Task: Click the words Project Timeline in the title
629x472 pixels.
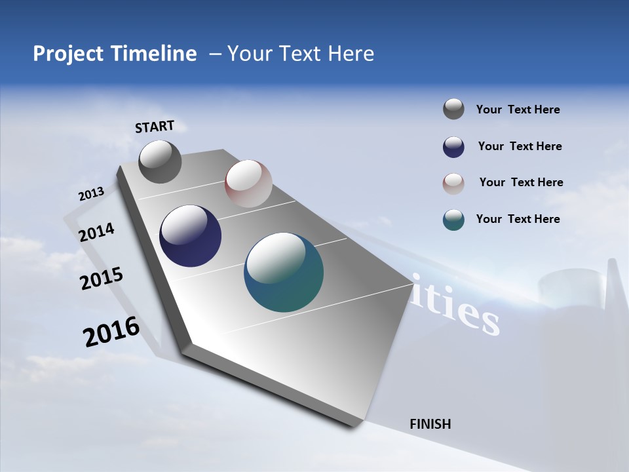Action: [115, 54]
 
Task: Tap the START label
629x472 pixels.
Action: [155, 127]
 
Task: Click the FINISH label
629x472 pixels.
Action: [430, 424]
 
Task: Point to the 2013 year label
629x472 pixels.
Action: [91, 194]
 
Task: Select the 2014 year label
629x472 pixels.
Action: [97, 232]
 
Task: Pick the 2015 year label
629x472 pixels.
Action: [102, 279]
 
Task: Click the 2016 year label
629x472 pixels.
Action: [111, 332]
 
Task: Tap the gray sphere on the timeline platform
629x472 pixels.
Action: [160, 161]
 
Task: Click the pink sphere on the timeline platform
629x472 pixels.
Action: [248, 184]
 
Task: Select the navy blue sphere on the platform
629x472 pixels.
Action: [191, 236]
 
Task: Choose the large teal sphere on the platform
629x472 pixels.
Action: [284, 272]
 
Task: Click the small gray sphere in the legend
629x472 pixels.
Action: [453, 109]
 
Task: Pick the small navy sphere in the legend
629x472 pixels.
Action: [453, 147]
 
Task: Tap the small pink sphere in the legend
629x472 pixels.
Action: [453, 184]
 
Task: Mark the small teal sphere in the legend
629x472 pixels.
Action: [453, 220]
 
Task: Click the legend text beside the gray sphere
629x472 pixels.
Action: [518, 109]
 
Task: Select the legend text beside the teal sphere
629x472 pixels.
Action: [518, 219]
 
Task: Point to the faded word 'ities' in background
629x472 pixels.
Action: [455, 309]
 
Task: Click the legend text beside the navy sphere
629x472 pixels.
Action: [520, 146]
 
